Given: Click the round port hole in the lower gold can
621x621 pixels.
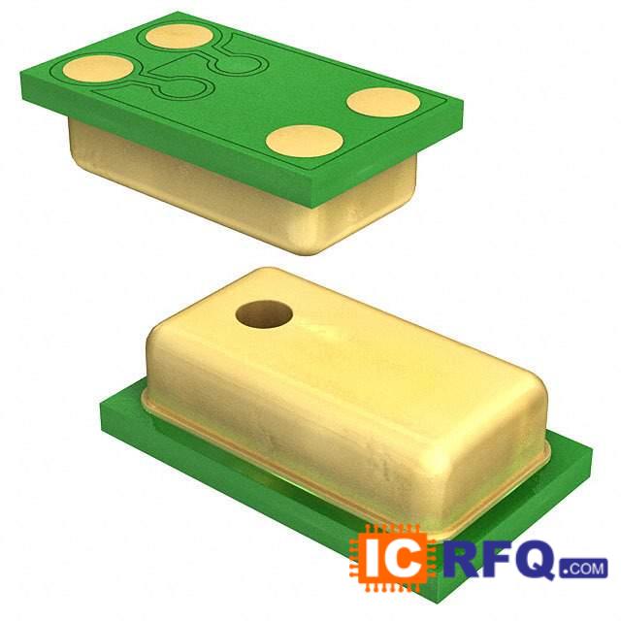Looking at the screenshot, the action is click(x=264, y=315).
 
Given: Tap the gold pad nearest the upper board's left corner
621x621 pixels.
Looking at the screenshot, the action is click(x=99, y=69).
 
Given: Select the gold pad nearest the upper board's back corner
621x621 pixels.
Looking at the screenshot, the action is click(x=180, y=37).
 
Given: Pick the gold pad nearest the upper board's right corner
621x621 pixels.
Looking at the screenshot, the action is click(x=383, y=103).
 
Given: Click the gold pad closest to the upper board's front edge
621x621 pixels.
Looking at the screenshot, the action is click(x=304, y=143).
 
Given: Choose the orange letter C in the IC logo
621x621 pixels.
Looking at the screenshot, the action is click(x=405, y=558).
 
